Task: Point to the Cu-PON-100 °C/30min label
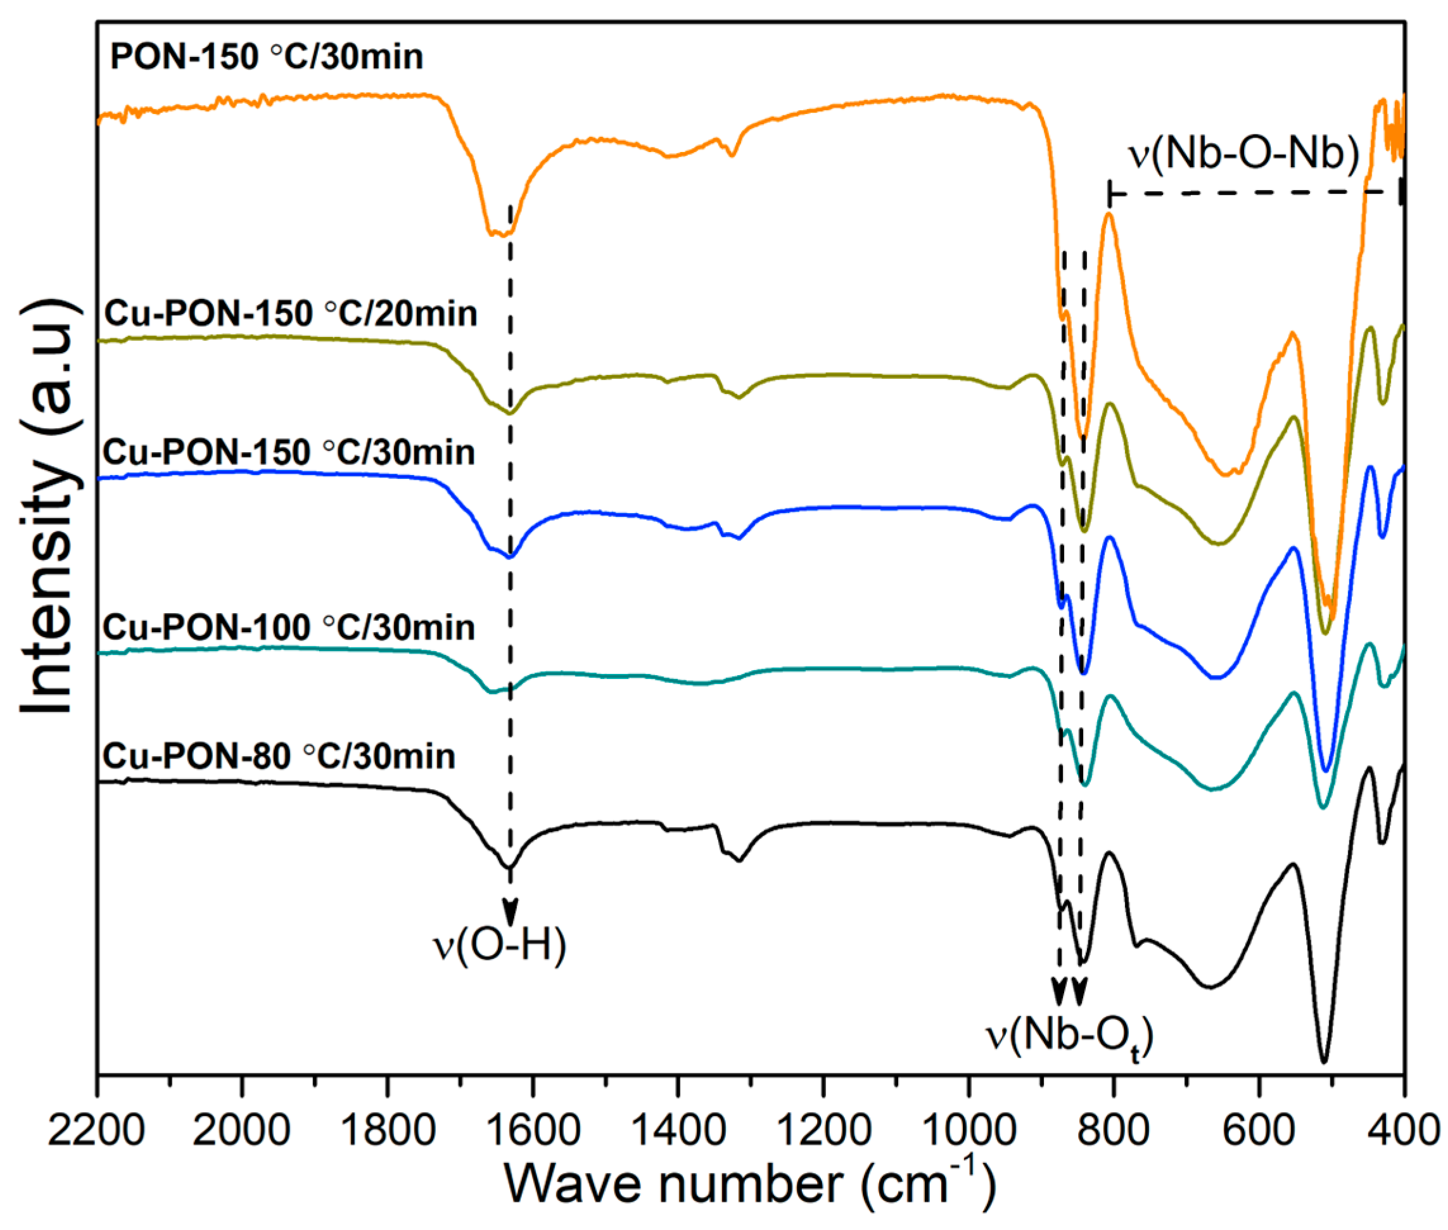(x=289, y=628)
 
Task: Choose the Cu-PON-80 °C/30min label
(x=279, y=756)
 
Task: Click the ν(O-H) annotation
(x=500, y=946)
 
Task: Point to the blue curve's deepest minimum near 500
(x=1326, y=770)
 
